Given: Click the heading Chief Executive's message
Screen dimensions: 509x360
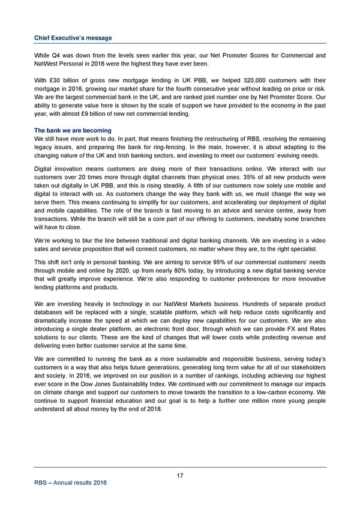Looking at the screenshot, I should tap(73, 38).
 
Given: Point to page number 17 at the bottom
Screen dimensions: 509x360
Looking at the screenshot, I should tap(180, 476).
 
